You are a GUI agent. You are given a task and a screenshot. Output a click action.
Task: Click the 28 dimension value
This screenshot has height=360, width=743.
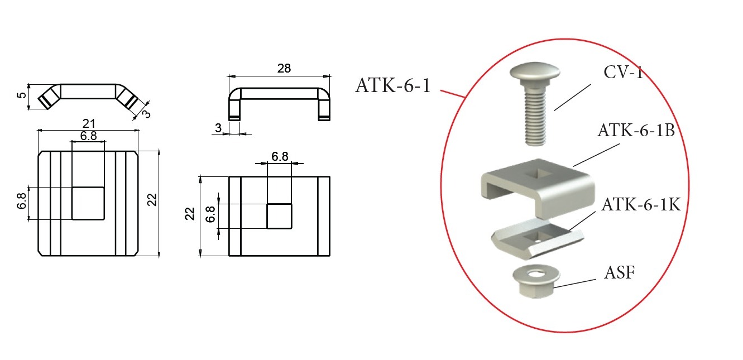[x=284, y=68]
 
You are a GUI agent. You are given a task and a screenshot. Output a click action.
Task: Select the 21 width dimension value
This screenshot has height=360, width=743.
[x=89, y=124]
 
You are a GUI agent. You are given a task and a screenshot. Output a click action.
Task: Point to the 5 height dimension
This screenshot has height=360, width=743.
[x=21, y=95]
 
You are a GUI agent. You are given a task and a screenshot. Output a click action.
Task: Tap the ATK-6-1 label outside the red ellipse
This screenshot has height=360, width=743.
[x=393, y=85]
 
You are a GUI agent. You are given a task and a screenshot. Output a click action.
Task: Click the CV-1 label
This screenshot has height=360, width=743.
[x=623, y=72]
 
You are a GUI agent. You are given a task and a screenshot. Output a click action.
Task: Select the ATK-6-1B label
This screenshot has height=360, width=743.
[x=636, y=130]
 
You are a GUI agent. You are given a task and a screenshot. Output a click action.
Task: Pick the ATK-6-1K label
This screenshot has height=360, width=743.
[x=641, y=204]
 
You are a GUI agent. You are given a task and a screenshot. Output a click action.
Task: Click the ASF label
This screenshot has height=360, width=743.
[x=619, y=273]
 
